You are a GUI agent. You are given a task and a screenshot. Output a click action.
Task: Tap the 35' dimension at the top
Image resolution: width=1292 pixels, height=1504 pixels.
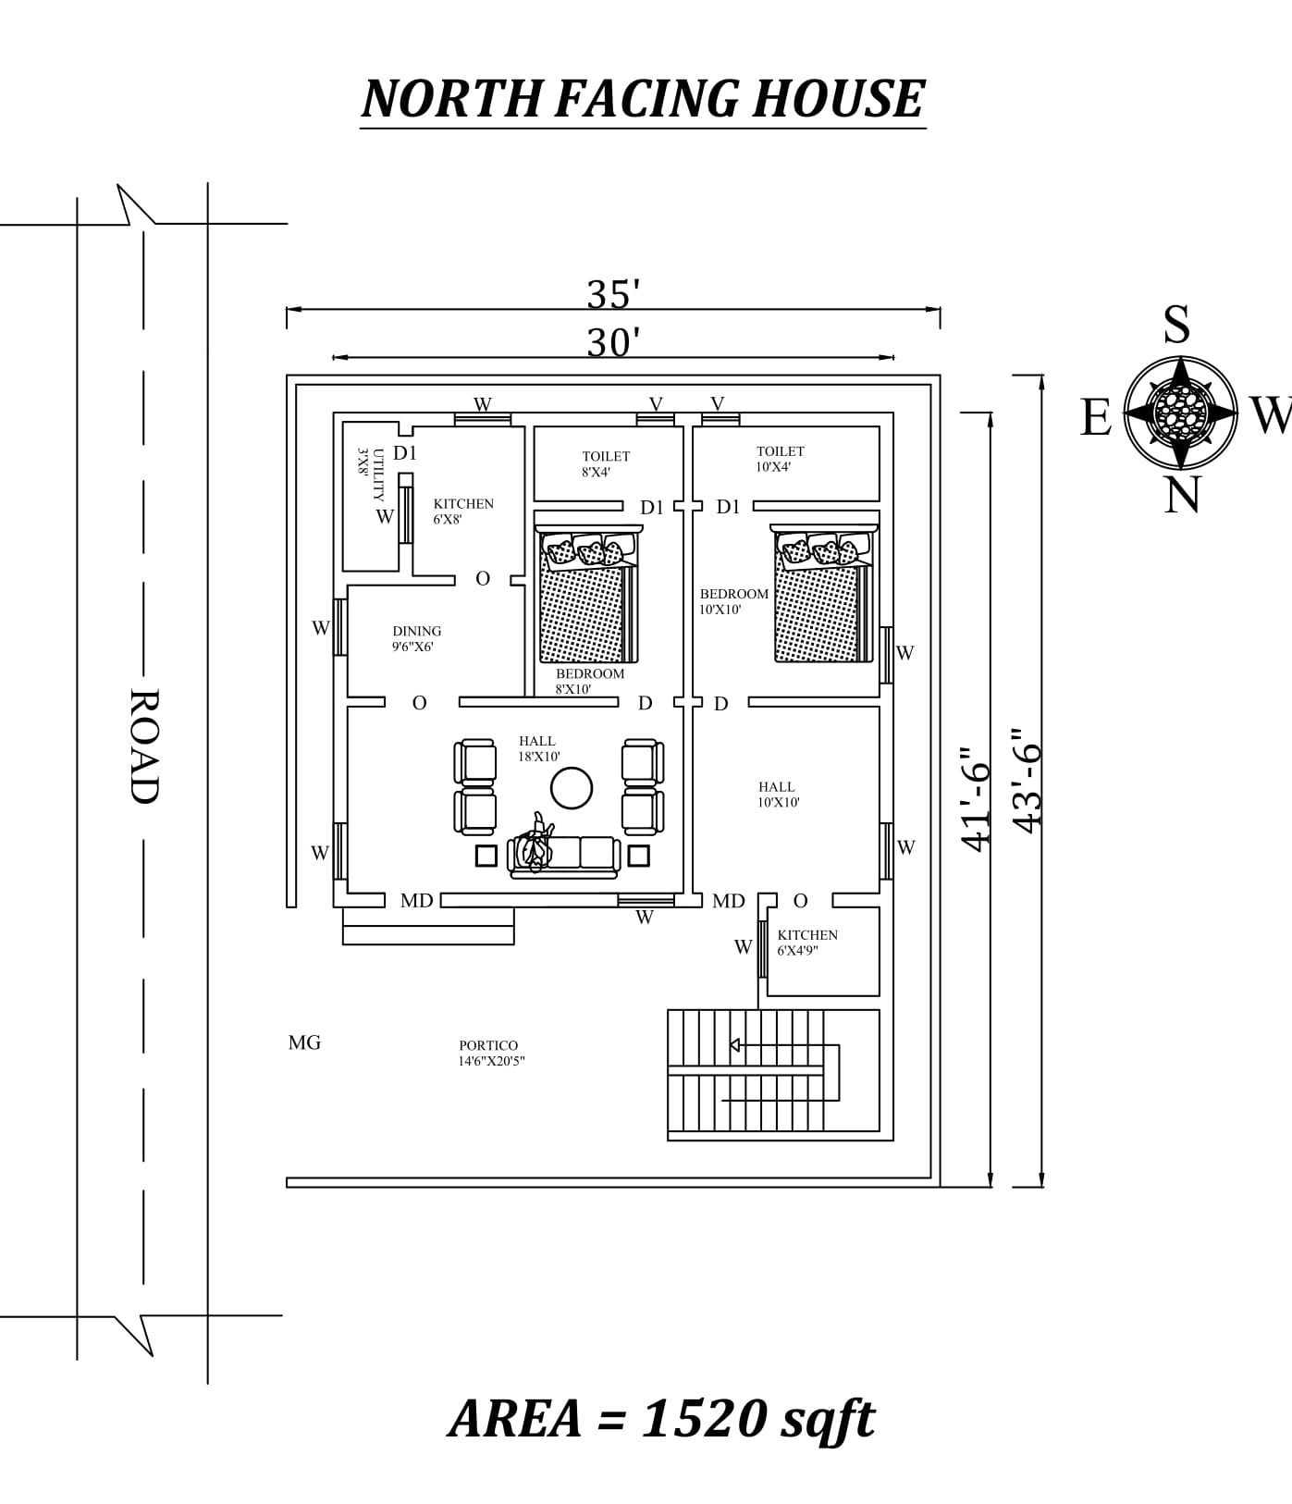[x=613, y=295]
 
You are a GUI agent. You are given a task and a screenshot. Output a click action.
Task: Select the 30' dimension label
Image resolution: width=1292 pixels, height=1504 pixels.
[x=613, y=343]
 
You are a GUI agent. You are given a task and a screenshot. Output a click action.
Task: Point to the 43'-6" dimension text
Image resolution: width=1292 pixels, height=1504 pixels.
[x=1027, y=779]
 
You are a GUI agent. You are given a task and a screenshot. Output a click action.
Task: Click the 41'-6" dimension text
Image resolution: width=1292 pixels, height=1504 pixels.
[x=976, y=798]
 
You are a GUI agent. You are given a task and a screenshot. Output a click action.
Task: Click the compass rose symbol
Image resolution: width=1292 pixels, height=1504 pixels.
[x=1181, y=413]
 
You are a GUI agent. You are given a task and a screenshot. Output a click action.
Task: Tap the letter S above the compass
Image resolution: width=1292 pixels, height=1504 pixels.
[x=1176, y=326]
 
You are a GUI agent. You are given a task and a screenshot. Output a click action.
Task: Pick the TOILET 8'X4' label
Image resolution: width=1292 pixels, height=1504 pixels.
[x=605, y=463]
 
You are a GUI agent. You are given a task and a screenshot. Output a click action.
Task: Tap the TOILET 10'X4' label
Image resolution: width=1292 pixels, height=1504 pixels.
[x=780, y=459]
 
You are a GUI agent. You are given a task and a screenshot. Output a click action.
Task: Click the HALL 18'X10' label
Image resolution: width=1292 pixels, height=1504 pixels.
[x=538, y=748]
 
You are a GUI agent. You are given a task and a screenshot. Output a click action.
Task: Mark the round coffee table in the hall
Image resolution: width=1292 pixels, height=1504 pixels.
[x=572, y=789]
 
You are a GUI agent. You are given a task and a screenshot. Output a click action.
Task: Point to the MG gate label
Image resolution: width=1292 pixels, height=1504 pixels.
[x=304, y=1042]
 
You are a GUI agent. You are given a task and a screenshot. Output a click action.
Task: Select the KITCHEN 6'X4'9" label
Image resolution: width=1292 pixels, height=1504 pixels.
[x=806, y=943]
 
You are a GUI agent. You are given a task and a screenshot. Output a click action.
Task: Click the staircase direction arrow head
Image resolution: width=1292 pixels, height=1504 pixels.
[x=735, y=1045]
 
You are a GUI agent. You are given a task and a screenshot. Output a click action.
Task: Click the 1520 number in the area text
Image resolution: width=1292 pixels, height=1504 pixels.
[x=703, y=1418]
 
